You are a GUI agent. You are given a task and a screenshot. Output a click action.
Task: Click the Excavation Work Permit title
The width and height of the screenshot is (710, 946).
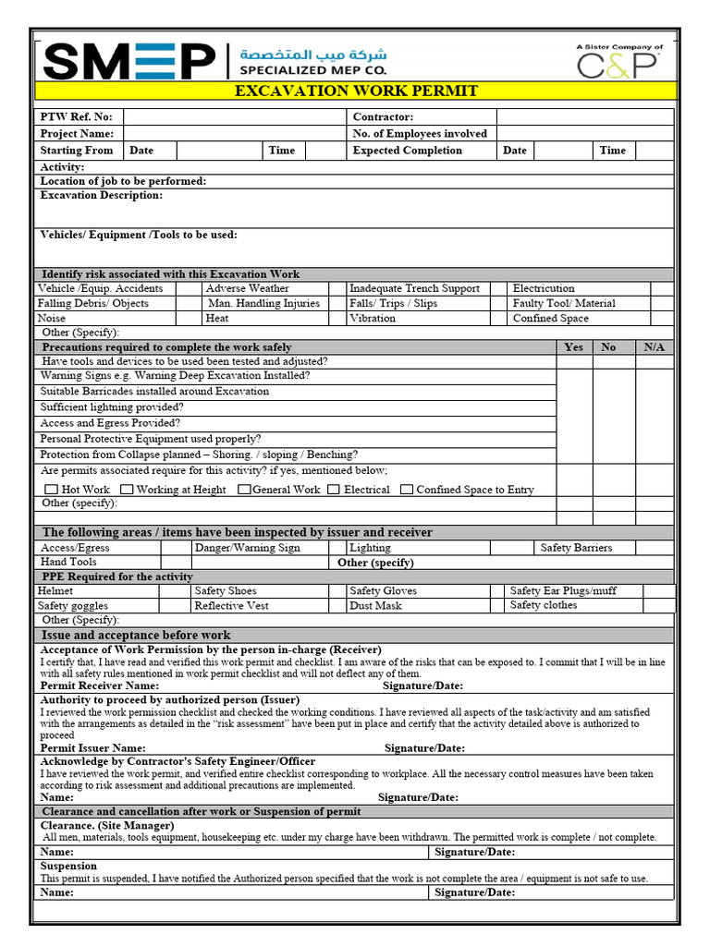coord(356,91)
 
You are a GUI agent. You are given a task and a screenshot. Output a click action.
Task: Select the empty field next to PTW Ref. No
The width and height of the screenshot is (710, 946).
coord(234,117)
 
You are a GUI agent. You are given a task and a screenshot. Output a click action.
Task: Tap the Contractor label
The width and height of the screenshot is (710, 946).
coord(383,117)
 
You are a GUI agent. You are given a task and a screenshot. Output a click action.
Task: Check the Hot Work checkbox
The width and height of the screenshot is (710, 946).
coord(52,490)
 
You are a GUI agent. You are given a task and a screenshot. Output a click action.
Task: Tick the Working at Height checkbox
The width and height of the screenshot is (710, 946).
coord(127,490)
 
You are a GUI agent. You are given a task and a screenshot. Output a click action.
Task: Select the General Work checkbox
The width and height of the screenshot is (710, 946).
coord(244,490)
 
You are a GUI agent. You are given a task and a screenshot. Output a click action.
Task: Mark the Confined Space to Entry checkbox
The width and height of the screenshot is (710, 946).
coord(407,490)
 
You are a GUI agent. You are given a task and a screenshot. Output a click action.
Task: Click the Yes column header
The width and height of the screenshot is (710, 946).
coord(574,347)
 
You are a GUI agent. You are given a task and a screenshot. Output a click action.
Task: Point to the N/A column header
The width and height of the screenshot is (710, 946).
coord(654,347)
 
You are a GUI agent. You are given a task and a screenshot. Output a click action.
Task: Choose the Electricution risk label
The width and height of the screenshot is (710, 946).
coord(544,288)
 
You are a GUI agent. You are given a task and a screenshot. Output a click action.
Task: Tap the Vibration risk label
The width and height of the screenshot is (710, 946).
coord(373,318)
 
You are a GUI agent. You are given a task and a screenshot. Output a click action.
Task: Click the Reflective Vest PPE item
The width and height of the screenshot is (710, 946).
coord(232,606)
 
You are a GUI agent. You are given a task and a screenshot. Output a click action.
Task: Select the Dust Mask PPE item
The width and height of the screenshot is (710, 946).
coord(375,606)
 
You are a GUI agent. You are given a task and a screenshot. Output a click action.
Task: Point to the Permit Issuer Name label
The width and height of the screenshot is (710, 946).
coord(92,747)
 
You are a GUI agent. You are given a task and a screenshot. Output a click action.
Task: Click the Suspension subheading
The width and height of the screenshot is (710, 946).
coord(68,866)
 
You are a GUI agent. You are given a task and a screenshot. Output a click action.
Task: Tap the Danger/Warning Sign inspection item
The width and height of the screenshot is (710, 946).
coord(248,548)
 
